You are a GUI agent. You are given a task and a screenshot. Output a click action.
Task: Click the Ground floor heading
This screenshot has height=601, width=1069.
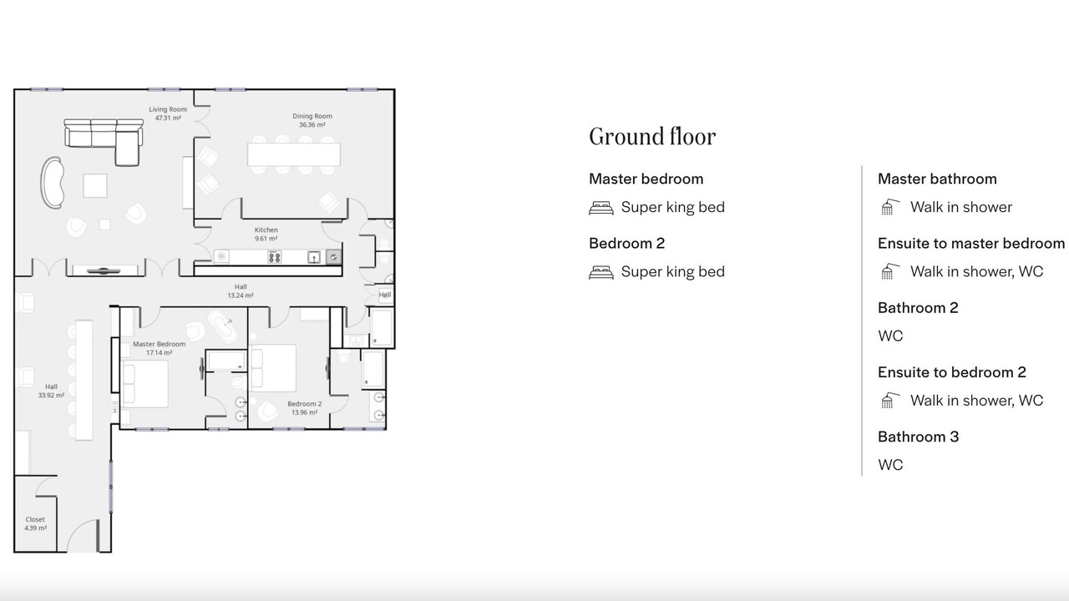click(652, 137)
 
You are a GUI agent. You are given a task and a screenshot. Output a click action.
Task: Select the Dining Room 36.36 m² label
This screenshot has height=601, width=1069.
click(312, 120)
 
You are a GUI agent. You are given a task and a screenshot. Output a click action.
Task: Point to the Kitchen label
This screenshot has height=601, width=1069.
click(266, 230)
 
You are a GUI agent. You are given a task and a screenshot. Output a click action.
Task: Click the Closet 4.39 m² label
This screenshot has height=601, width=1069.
click(35, 523)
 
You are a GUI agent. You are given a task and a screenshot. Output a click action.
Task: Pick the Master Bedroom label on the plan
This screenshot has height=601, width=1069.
click(159, 344)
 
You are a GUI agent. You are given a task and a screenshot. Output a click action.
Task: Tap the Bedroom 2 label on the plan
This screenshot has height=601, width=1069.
click(305, 404)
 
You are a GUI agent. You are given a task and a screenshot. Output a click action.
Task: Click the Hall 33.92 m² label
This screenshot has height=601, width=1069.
click(51, 391)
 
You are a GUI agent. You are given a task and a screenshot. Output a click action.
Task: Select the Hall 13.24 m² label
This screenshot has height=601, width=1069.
click(241, 291)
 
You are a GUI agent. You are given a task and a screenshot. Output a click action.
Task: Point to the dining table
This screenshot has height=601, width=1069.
click(294, 154)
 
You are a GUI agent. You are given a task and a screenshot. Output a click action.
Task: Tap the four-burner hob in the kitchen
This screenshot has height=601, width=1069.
click(274, 257)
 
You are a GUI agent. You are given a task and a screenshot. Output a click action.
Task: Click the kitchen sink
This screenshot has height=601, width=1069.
click(313, 257)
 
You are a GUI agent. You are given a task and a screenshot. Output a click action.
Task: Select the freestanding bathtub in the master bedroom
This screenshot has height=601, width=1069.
click(222, 326)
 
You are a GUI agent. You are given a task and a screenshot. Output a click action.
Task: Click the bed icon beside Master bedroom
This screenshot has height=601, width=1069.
click(601, 208)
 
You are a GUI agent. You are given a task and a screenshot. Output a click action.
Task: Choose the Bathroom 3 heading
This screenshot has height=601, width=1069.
click(918, 437)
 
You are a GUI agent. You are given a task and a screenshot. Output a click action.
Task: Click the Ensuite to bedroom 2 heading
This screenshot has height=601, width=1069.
click(952, 372)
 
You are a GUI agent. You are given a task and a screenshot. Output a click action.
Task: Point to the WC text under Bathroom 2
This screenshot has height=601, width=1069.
click(890, 336)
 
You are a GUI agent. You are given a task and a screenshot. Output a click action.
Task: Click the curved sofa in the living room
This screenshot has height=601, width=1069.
click(52, 183)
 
